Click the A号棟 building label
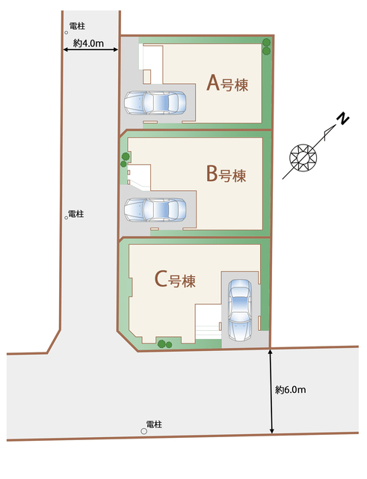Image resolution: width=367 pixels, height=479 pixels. coord(232,84)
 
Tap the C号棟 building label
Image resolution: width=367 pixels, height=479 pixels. coord(175,281)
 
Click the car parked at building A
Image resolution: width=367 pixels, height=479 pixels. coord(155,103)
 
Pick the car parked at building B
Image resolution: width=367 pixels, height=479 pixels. coord(155,210)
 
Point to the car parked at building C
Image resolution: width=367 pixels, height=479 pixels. coord(240,308)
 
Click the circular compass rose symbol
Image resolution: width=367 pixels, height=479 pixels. coord(303,156)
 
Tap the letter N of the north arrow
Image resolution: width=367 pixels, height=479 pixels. coord(342,120)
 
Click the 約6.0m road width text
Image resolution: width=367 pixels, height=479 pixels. coord(290,390)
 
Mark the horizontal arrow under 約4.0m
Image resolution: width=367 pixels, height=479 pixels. coord(89,51)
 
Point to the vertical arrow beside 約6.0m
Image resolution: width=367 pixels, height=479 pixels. coord(271,390)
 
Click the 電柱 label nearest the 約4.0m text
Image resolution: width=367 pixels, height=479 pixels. coord(75,25)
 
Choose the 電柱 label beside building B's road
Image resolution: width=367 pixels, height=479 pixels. coord(75,214)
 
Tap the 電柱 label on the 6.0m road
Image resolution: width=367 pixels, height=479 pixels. coord(153,424)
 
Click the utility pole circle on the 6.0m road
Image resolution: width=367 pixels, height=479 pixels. coord(144,431)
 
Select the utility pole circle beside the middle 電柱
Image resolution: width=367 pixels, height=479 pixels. coord(66,218)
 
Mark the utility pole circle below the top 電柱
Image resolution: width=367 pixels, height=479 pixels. coord(67,33)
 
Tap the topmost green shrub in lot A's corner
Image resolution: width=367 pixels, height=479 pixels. coord(267,42)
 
